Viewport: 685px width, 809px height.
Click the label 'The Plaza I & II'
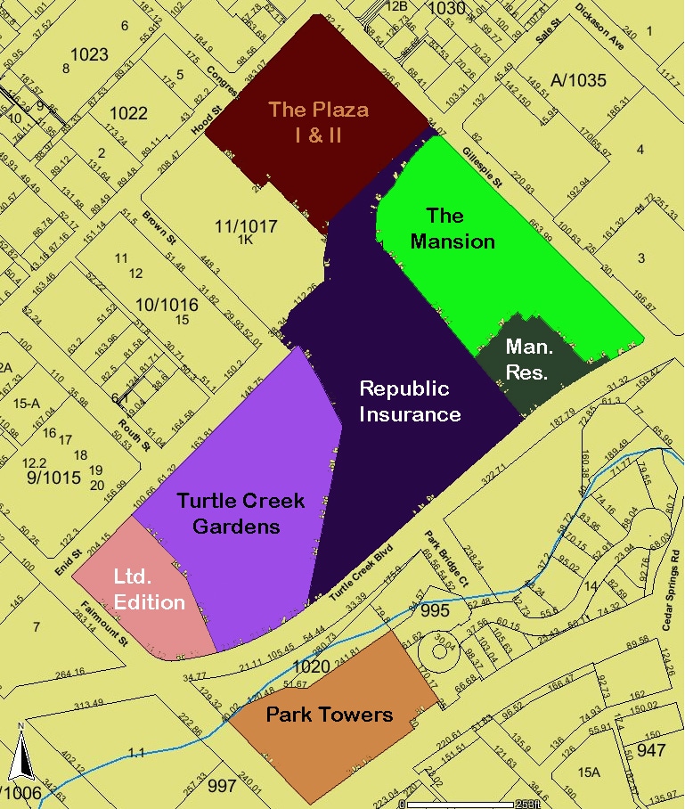point(318,122)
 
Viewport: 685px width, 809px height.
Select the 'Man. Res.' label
point(526,359)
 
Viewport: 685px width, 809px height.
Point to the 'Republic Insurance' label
point(410,401)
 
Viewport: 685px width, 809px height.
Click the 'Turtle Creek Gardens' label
point(241,513)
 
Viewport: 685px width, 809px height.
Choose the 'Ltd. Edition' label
point(149,589)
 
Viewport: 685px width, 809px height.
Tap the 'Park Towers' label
point(329,715)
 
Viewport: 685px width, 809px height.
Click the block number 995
point(436,610)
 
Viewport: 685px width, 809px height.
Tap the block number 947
point(651,749)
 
